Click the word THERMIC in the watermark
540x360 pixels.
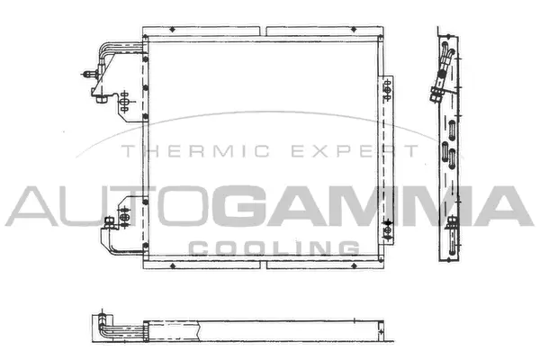195,151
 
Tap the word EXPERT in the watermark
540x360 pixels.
355,151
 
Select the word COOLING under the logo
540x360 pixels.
274,248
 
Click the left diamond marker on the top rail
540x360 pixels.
172,30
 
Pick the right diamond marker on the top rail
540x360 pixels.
354,30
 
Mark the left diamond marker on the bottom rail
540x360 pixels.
172,265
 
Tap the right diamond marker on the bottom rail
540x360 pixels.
354,265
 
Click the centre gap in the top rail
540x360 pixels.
263,31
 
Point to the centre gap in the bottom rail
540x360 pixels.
263,265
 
